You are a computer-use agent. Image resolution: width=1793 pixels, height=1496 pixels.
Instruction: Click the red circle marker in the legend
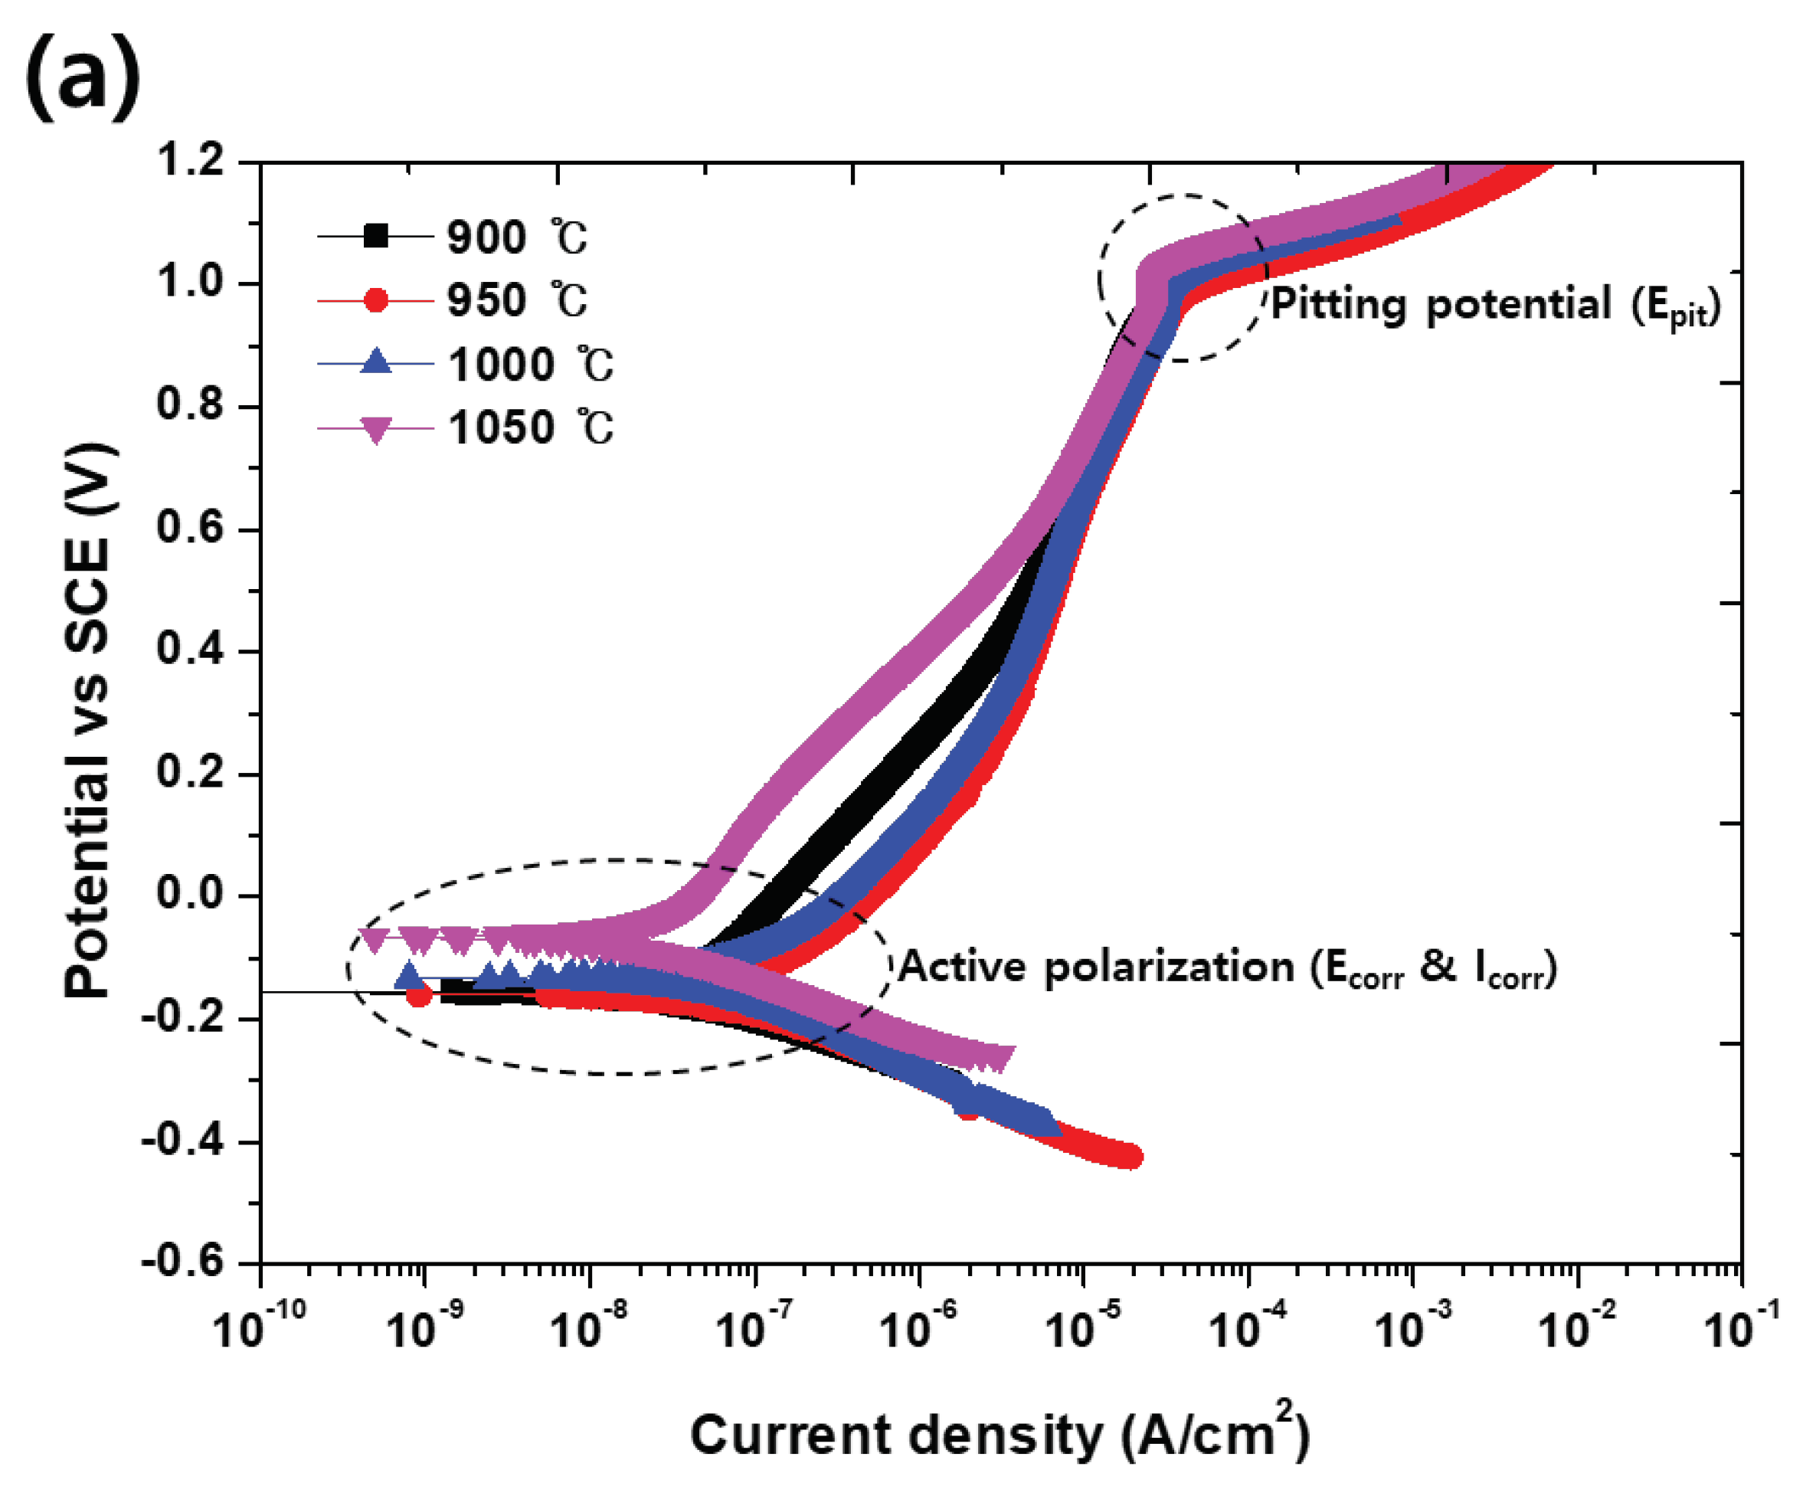[375, 300]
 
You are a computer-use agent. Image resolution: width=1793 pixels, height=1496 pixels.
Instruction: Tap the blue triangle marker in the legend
[375, 362]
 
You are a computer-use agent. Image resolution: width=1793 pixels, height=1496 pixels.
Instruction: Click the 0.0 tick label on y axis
[191, 894]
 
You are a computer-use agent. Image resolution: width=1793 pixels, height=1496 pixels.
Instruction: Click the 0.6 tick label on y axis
[191, 527]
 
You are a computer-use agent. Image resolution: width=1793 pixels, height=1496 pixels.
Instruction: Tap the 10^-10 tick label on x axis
[258, 1327]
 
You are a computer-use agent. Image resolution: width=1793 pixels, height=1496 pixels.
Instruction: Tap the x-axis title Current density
[1000, 1436]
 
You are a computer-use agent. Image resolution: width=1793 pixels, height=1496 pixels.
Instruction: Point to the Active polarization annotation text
[1228, 967]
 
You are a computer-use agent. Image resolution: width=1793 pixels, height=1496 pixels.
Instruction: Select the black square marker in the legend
[375, 236]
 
